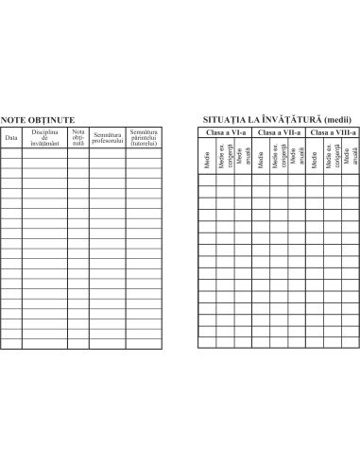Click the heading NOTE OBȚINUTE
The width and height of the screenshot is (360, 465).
38,120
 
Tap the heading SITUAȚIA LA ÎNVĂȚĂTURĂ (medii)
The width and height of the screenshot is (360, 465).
277,120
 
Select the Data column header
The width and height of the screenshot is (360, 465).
11,138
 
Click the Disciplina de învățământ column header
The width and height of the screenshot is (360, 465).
44,137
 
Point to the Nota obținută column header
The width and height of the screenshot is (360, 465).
78,137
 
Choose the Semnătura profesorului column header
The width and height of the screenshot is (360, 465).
108,138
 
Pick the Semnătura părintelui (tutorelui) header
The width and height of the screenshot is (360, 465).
144,137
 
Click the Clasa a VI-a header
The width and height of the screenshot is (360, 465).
226,132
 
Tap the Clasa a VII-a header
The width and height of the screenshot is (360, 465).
279,132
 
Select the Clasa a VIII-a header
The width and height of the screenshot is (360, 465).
333,132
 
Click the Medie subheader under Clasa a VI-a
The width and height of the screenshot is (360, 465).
207,160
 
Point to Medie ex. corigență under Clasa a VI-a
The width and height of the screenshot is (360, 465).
226,156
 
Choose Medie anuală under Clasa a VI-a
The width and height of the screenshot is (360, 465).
244,156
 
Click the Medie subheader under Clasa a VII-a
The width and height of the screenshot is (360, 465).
261,160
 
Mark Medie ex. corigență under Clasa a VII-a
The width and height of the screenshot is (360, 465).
279,156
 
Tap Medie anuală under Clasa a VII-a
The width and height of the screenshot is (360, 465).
297,156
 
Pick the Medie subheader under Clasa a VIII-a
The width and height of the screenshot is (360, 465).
315,160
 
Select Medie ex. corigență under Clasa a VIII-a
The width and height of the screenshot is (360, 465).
333,156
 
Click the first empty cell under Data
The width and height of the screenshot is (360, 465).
11,153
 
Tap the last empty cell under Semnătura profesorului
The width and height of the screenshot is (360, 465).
108,344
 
